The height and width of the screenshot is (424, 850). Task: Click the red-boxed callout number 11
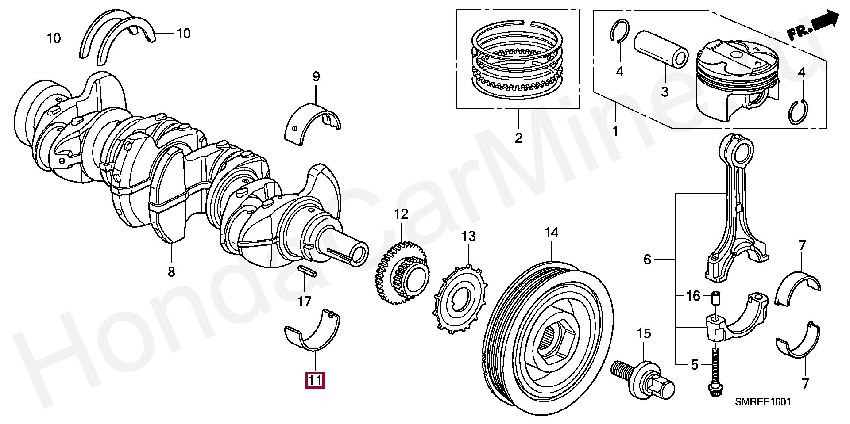tap(314, 380)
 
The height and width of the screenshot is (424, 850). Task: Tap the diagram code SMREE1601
tap(762, 402)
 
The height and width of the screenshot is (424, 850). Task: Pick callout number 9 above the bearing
tap(316, 76)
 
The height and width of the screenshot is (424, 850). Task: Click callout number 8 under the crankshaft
tap(171, 272)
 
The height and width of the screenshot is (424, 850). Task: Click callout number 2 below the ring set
tap(518, 138)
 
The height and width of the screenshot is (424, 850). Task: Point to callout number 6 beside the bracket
tap(647, 259)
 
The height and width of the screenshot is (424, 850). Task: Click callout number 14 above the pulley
tap(551, 233)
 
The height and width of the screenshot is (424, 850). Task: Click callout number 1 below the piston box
tap(615, 131)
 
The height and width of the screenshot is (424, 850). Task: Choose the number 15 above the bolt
tap(644, 333)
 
